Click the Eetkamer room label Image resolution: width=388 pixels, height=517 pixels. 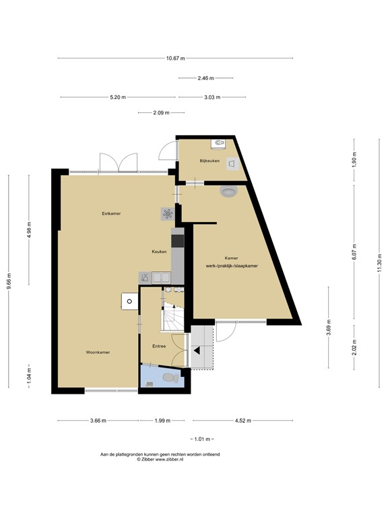[111, 213]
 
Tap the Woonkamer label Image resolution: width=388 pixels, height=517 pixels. [98, 352]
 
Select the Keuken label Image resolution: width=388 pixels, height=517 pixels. [159, 252]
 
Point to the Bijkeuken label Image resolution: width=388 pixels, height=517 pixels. [209, 161]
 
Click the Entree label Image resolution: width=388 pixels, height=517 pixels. [159, 346]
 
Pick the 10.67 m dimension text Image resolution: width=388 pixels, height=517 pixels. [176, 59]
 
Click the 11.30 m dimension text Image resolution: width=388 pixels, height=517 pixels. [379, 263]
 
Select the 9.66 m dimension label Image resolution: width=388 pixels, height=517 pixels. [9, 281]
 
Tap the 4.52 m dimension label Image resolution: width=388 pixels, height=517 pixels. [243, 420]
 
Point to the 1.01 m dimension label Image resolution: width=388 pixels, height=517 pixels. [202, 439]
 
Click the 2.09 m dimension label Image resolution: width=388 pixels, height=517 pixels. [162, 113]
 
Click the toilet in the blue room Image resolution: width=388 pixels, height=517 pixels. [171, 378]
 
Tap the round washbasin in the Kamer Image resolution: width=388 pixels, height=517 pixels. [228, 191]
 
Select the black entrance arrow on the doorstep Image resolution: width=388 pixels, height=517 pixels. [197, 351]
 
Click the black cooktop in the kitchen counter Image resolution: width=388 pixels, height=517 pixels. [178, 241]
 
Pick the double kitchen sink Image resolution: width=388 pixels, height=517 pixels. [161, 277]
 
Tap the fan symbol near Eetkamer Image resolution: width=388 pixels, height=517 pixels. [167, 214]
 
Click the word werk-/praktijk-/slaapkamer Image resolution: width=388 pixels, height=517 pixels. [232, 266]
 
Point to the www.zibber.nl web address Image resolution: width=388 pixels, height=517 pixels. [169, 459]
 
